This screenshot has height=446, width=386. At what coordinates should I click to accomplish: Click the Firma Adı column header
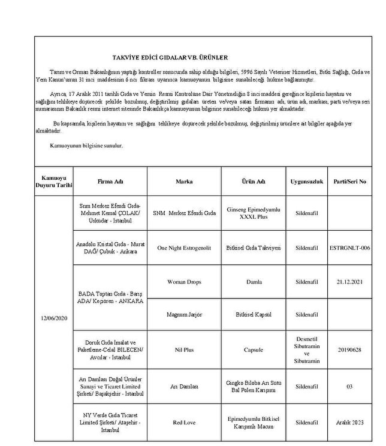click(110, 181)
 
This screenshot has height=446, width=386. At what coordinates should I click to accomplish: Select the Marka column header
click(184, 181)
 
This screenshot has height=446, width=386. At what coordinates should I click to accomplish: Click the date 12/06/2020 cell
click(55, 318)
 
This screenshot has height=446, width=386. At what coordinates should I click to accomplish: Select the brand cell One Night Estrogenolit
click(184, 247)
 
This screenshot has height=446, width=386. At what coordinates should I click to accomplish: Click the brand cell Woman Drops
click(184, 281)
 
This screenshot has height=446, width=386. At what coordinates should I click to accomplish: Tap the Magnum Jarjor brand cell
click(184, 315)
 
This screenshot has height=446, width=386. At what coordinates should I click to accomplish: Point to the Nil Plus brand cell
click(184, 349)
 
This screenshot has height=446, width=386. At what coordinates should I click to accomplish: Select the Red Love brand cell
click(184, 422)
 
